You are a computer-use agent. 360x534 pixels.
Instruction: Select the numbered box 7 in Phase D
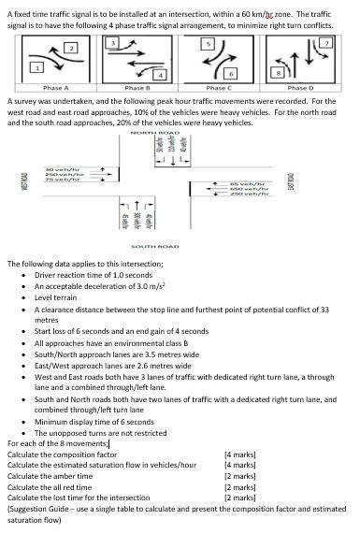(x=326, y=44)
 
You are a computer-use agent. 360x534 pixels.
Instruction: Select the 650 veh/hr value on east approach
(x=248, y=191)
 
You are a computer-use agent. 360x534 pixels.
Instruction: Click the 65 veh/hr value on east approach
(x=248, y=185)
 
